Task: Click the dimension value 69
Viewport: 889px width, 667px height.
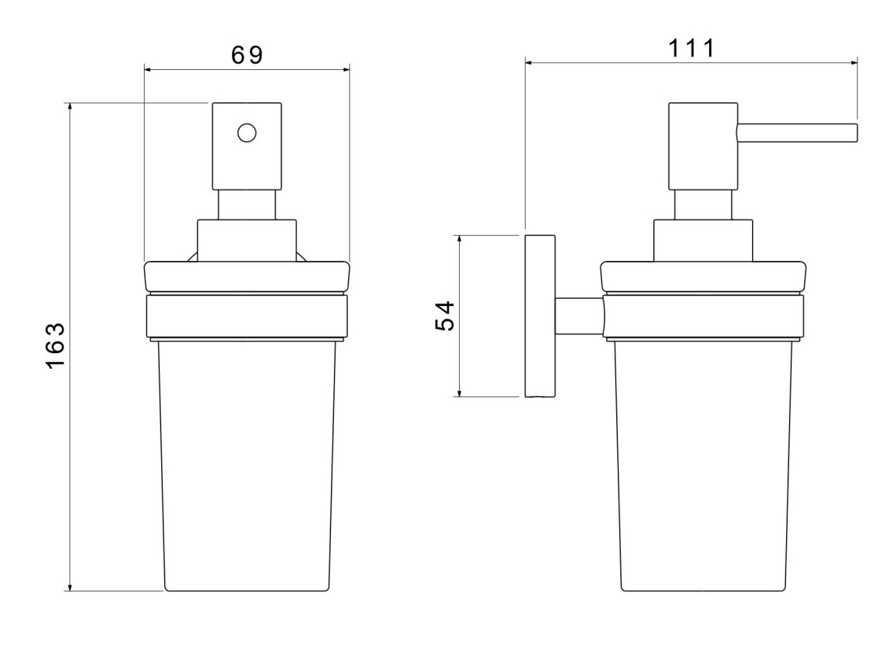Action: click(x=247, y=55)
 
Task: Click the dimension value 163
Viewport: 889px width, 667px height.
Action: click(x=56, y=346)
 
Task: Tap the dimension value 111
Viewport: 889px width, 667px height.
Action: click(x=691, y=48)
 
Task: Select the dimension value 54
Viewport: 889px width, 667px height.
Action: click(x=445, y=316)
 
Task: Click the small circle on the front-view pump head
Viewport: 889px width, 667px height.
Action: click(x=247, y=133)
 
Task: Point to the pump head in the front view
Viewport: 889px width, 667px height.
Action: click(x=247, y=146)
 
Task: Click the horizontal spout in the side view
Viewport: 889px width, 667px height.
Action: click(x=797, y=133)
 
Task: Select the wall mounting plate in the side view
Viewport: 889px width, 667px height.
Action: click(x=540, y=316)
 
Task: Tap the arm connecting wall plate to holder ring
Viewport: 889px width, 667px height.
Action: click(x=579, y=316)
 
